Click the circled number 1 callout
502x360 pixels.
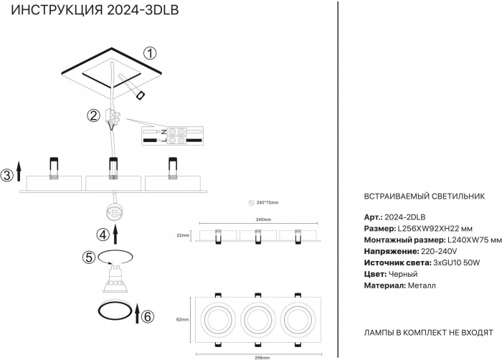pyautogui.click(x=149, y=53)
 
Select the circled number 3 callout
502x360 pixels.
pyautogui.click(x=6, y=175)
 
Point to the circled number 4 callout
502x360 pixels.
pyautogui.click(x=103, y=233)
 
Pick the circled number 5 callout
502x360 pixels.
pyautogui.click(x=89, y=257)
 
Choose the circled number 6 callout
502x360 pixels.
pyautogui.click(x=148, y=316)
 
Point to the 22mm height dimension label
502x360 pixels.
pyautogui.click(x=182, y=235)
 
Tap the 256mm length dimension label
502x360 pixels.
pyautogui.click(x=262, y=356)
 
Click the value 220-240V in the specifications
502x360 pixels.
pyautogui.click(x=439, y=252)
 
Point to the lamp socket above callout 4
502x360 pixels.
pyautogui.click(x=113, y=212)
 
